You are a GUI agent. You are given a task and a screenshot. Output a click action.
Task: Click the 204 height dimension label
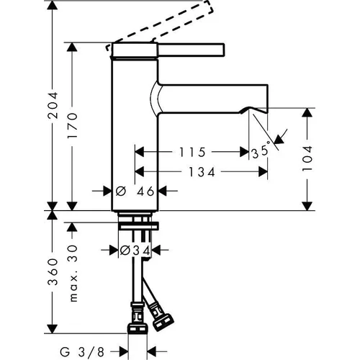[53, 105]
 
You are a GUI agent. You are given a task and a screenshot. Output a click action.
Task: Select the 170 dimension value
[73, 125]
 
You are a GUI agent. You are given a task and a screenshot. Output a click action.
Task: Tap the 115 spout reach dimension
[192, 152]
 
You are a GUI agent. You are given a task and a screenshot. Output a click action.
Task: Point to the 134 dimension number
[202, 172]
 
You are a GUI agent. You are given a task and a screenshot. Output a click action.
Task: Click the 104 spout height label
[307, 158]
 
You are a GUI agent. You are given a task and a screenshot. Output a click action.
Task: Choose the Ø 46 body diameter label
[135, 192]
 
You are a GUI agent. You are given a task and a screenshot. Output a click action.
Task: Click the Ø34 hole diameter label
[135, 251]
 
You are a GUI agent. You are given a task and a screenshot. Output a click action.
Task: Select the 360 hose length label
[53, 272]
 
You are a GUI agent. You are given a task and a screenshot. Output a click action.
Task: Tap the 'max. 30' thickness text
[73, 274]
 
